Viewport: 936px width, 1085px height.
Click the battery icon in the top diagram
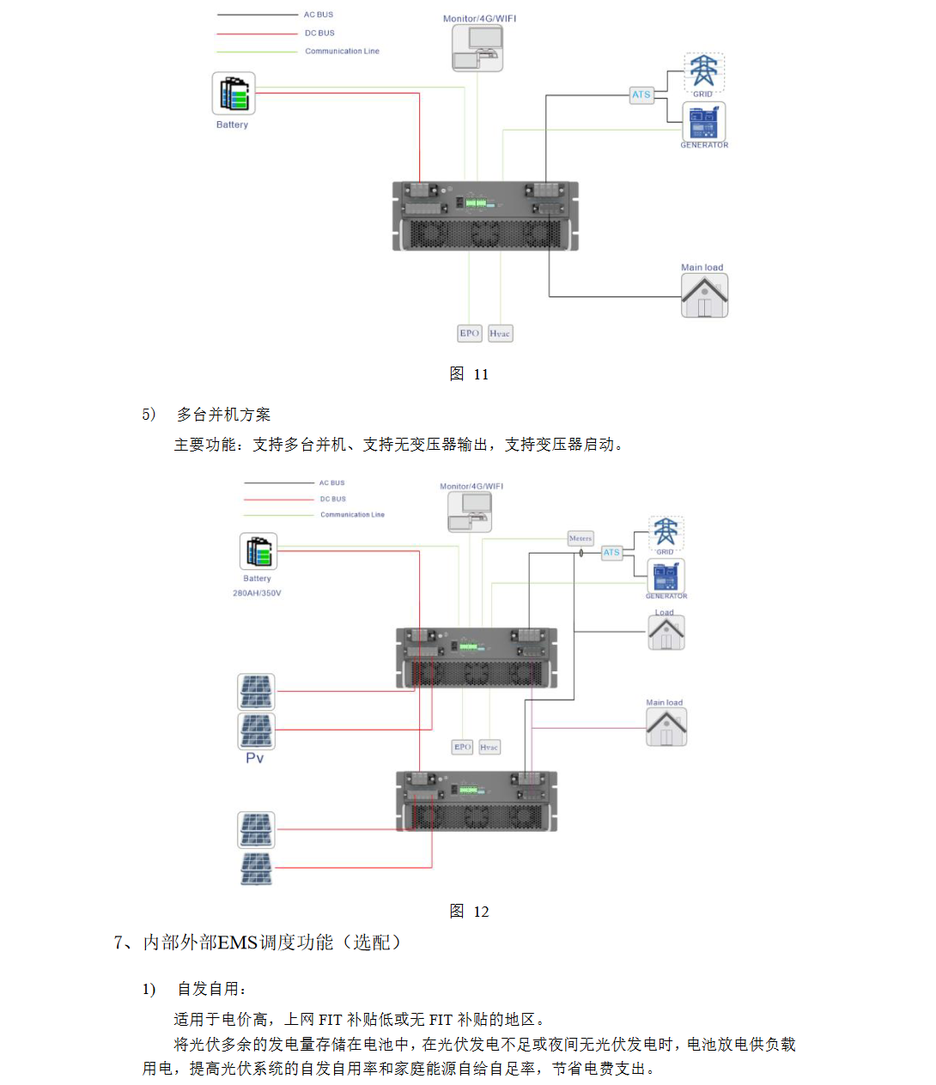234,94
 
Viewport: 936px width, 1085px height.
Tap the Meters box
580,538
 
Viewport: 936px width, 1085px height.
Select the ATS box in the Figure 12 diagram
611,553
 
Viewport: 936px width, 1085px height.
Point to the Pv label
255,758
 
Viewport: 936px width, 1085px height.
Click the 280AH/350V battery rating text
257,593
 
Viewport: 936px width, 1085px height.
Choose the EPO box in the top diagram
469,333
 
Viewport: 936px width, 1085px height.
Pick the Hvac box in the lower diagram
489,748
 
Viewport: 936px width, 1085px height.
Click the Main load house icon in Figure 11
704,296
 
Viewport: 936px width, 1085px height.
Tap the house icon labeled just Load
666,633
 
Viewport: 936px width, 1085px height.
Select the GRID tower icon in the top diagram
704,72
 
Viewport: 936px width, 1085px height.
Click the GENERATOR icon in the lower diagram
666,575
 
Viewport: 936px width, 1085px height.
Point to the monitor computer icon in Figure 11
477,48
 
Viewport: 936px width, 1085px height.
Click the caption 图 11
469,374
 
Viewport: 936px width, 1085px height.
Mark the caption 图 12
469,912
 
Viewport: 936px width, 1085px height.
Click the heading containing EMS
258,943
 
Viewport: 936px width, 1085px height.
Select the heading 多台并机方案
223,415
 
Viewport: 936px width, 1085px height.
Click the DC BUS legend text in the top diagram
319,33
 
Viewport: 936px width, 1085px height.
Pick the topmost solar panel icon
256,691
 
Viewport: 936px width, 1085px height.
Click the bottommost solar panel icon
256,868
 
